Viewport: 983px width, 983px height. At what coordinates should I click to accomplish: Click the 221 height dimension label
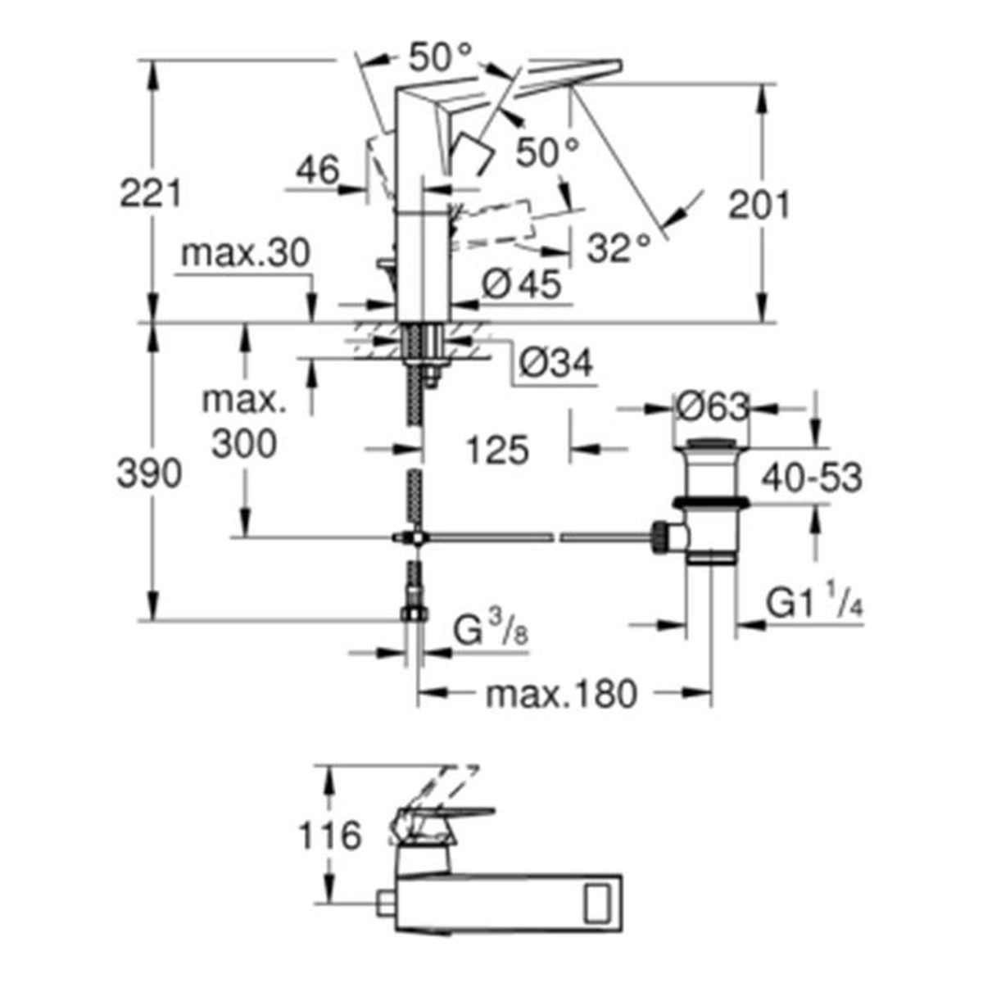[x=151, y=194]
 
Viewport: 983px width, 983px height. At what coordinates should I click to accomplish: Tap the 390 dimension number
[x=149, y=473]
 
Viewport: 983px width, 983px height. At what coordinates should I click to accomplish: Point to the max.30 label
[x=246, y=254]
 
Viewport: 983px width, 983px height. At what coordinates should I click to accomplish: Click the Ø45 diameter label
[x=522, y=284]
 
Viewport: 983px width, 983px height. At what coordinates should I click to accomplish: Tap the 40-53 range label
[x=811, y=478]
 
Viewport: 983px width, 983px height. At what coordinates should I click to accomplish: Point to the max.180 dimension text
[x=561, y=695]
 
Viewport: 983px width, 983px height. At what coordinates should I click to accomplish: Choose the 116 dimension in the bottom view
[x=328, y=836]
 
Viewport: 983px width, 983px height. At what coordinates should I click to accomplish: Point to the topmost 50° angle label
[x=441, y=57]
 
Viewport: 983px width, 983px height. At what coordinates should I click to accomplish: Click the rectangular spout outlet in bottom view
[x=600, y=898]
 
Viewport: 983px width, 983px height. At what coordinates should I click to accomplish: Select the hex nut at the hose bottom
[x=415, y=614]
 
